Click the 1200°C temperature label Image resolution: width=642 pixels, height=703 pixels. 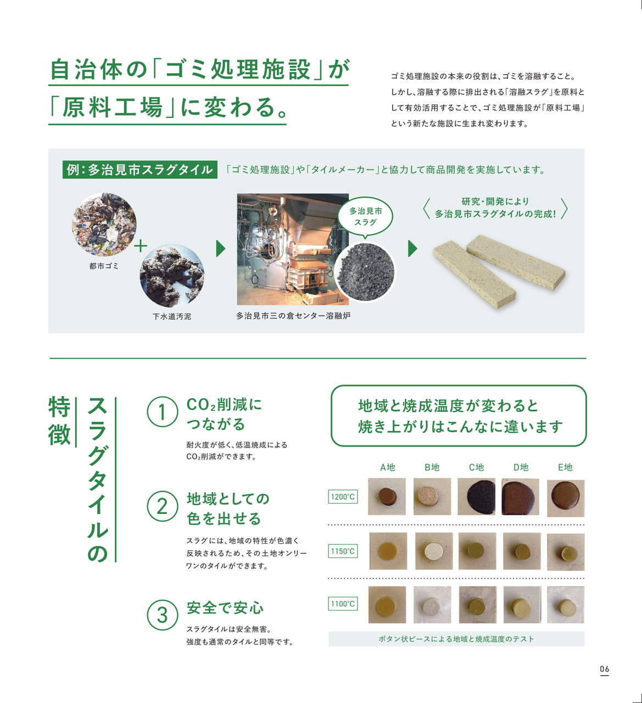(343, 496)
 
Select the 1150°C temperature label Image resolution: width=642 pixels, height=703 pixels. (343, 551)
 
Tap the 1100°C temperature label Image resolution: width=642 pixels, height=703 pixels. (343, 604)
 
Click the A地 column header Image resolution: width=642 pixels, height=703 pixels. (388, 467)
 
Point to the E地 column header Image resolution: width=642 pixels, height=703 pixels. (565, 467)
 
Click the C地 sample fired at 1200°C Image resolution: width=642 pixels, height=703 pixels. (477, 496)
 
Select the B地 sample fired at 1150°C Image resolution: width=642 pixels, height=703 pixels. (434, 551)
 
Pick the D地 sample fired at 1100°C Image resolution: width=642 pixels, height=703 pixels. (522, 605)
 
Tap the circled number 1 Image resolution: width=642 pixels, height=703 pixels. (162, 412)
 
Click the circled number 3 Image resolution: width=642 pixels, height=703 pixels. (162, 615)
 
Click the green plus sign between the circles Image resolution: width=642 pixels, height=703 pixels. (140, 246)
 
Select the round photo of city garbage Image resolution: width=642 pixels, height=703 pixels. (104, 224)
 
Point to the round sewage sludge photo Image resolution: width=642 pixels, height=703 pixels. (172, 276)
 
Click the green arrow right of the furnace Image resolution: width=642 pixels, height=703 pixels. (412, 249)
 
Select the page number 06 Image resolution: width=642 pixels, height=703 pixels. (605, 669)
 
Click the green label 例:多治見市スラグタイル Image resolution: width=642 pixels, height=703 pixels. (140, 170)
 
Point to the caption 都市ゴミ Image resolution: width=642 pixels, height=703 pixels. (104, 266)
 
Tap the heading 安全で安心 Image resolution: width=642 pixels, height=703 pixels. (225, 608)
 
